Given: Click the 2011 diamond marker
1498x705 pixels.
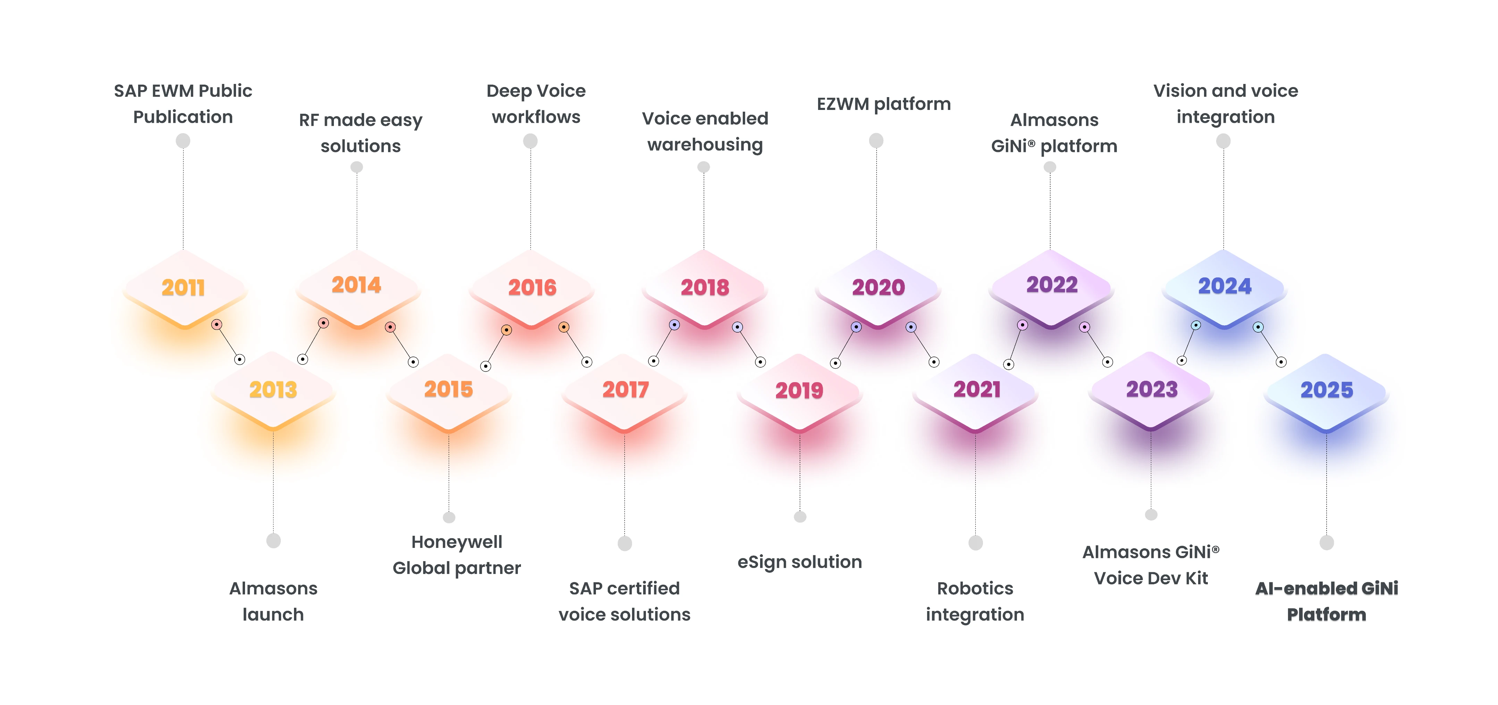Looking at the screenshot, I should tap(184, 288).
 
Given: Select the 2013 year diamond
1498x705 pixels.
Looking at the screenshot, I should tap(273, 389).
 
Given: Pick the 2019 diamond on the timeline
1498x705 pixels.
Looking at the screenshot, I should tap(800, 390).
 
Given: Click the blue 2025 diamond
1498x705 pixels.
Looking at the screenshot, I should tap(1327, 390).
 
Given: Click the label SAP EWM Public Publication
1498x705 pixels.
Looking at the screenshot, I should tap(183, 103).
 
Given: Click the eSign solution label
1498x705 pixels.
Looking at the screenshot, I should tap(800, 562).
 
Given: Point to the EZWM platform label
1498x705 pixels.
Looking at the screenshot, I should tap(883, 104).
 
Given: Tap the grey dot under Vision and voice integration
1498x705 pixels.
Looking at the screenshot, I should tap(1223, 141).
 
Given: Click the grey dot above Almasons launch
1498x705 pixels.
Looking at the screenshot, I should tap(273, 541).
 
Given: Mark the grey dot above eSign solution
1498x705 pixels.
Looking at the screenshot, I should tap(800, 517).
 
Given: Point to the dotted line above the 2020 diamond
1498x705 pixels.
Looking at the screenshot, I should tap(876, 198).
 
